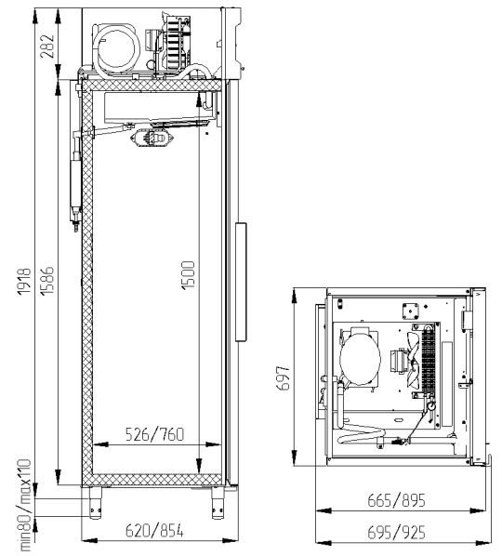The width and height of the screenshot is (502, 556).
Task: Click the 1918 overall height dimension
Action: coord(25,281)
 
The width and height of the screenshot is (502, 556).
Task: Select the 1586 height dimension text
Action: coord(47,281)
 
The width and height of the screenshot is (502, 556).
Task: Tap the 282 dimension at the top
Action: coord(47,46)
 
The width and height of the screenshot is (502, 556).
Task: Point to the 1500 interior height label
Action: coord(188,275)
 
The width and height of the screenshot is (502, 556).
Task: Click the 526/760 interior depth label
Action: coord(155,434)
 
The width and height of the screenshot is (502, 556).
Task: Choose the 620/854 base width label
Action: coord(154,531)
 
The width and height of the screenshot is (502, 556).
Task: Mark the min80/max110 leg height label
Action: coord(25,505)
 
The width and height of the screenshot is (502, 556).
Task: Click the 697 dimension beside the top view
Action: coord(283,378)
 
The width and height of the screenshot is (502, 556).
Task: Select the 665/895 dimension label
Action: coord(396,501)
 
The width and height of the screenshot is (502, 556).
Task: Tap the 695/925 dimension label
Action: coord(396,533)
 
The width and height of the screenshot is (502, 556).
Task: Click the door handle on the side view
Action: coord(241,282)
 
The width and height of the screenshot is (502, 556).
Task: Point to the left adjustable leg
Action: coord(95,504)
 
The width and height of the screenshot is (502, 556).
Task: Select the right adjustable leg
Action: coord(218,504)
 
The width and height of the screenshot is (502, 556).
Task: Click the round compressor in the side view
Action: coord(117,48)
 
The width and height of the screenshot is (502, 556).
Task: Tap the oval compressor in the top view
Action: coord(360,357)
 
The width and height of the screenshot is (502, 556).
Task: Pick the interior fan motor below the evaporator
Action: coord(153,138)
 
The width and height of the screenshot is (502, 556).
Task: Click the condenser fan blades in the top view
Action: coord(413,360)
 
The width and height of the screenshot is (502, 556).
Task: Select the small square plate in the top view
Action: coord(411,311)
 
